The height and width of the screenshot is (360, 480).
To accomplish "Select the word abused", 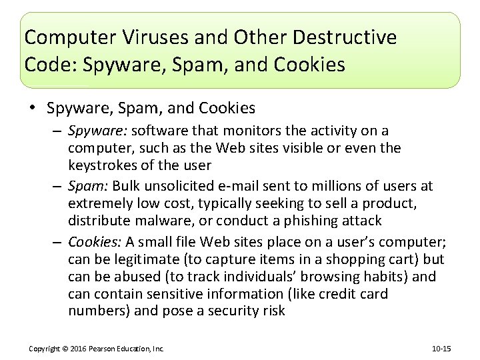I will coord(134,276).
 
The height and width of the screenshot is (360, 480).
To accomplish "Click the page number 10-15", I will coord(441,349).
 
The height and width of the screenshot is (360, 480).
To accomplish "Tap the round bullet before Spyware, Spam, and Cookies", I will coord(32,108).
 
